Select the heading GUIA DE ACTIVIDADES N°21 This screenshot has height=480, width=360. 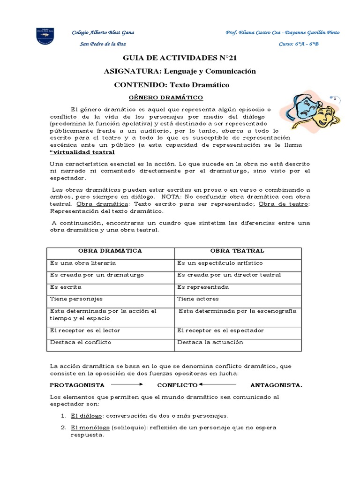(x=180, y=59)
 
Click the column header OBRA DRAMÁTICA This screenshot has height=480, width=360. (x=110, y=251)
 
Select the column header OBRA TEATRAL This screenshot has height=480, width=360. (x=238, y=251)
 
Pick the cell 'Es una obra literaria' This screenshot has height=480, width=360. (x=83, y=263)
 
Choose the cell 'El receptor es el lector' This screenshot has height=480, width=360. (x=85, y=330)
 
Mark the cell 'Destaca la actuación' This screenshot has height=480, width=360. (x=210, y=342)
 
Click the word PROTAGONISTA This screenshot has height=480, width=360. (x=77, y=385)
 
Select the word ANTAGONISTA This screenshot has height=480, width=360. (x=276, y=385)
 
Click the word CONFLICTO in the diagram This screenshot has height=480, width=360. (x=177, y=385)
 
